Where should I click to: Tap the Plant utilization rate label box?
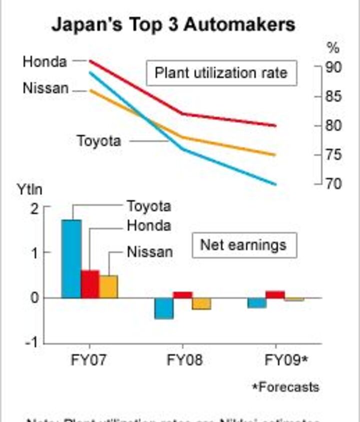(x=221, y=73)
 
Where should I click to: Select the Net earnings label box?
(x=243, y=245)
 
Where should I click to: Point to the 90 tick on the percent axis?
(x=333, y=67)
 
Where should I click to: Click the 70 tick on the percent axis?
(x=333, y=184)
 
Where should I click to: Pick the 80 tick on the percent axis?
(x=333, y=125)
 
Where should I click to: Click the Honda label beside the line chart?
(x=45, y=61)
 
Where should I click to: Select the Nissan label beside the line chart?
(x=45, y=88)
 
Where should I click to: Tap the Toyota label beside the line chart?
(x=99, y=141)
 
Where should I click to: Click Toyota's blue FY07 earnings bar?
(x=71, y=259)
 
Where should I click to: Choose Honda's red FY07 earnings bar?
(x=90, y=284)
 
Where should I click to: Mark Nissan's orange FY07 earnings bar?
(x=108, y=286)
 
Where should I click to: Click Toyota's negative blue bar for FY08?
(x=163, y=308)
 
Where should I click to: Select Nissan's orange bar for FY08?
(x=201, y=304)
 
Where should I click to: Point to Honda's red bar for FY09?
(x=275, y=295)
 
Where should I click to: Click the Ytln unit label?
(x=30, y=190)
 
